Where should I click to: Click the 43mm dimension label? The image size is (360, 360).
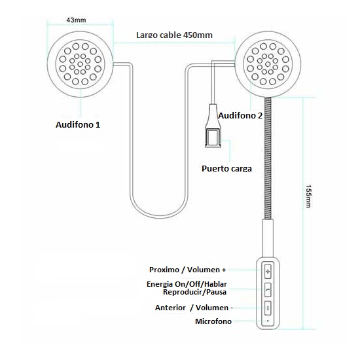click(76, 20)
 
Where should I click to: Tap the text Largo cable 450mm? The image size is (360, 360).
click(174, 35)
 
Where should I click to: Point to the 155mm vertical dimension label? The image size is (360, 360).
click(308, 196)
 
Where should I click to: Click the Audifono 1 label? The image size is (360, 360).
click(78, 124)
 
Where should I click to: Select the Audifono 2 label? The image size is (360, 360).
click(240, 115)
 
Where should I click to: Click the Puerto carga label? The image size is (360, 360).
click(226, 168)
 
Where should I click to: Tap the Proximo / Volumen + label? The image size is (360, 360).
click(188, 270)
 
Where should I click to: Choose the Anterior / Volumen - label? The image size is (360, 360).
click(194, 308)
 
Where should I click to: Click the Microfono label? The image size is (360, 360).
click(213, 321)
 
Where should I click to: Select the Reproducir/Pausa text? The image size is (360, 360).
click(194, 292)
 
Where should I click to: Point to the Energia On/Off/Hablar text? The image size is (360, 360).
click(187, 284)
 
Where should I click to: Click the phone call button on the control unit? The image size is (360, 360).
click(268, 289)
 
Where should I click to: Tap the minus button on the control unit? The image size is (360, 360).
click(268, 308)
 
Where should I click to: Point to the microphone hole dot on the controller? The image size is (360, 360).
click(268, 321)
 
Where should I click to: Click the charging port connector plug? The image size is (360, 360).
click(213, 126)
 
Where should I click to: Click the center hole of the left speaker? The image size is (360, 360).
click(80, 64)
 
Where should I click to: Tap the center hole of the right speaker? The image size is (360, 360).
click(268, 64)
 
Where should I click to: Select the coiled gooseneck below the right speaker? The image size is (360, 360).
click(268, 158)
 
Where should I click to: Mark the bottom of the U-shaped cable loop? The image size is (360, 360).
click(159, 217)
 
